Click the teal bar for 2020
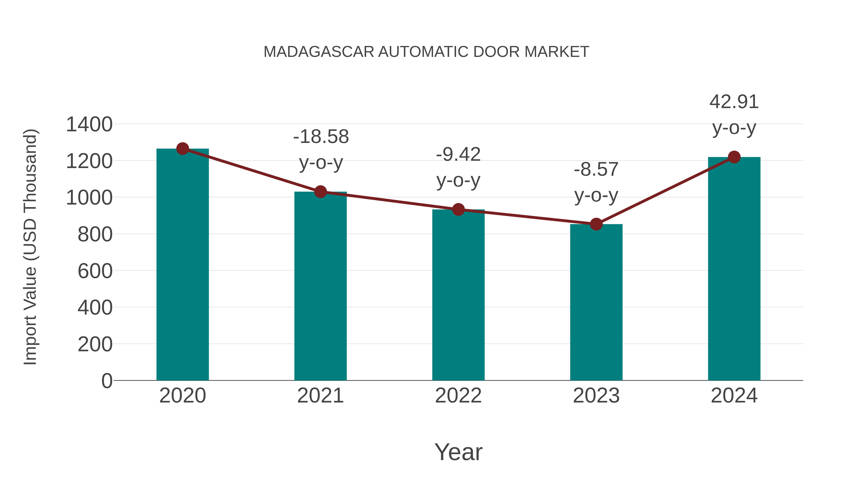182,265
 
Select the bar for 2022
458,295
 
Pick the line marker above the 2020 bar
182,149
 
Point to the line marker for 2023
596,224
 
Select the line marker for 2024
734,157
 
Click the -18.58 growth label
321,137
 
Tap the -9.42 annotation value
458,154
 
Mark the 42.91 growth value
734,102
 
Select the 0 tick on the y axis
107,381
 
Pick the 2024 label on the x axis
734,396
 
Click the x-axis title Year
458,452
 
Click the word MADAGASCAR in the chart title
319,52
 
